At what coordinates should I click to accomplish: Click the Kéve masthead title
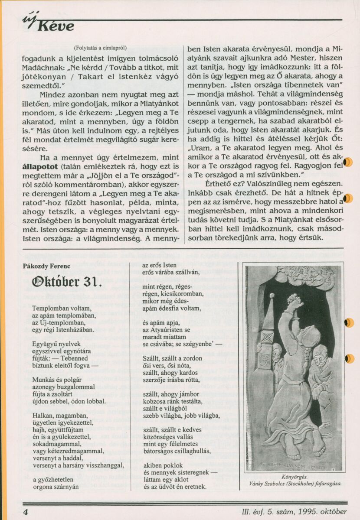55,26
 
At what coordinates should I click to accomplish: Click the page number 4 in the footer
26,512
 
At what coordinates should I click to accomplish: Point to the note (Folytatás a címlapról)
100,48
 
